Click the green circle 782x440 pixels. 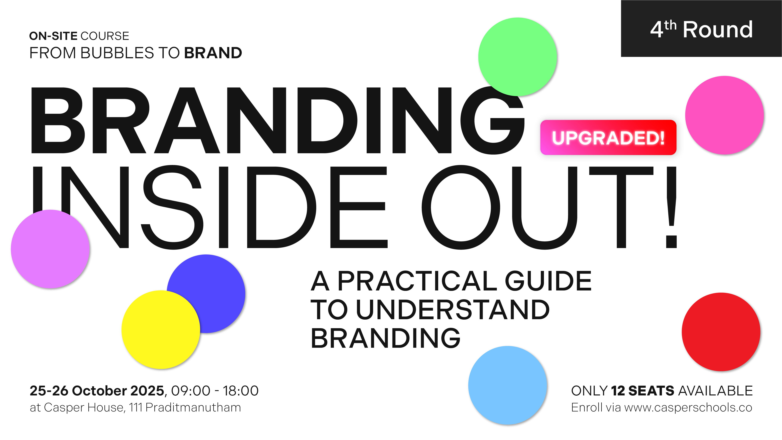(x=518, y=57)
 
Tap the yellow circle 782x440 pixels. (x=161, y=330)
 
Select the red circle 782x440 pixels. (x=721, y=332)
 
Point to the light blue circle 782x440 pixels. (x=508, y=385)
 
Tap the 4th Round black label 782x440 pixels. (x=701, y=29)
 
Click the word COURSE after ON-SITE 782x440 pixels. (x=105, y=36)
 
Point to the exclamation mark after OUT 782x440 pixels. (x=671, y=207)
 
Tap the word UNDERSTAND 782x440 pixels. (x=453, y=310)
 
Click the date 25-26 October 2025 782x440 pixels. (x=97, y=391)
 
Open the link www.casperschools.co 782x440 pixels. (x=688, y=408)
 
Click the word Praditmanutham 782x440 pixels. (x=193, y=408)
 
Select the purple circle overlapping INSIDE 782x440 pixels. (x=50, y=249)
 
